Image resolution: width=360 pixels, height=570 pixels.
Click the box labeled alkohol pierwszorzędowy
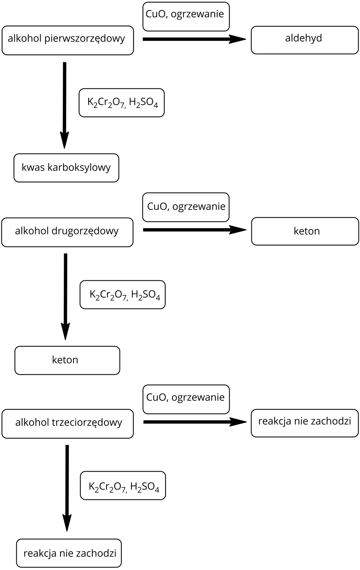[x=68, y=40]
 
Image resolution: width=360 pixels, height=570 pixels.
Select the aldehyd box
[x=304, y=40]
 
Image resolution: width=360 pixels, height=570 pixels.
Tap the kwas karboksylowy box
[x=66, y=168]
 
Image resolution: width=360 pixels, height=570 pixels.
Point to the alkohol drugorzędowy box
[x=67, y=232]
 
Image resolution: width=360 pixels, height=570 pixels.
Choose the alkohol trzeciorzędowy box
[x=68, y=424]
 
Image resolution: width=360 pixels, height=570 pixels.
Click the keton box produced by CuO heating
[x=305, y=231]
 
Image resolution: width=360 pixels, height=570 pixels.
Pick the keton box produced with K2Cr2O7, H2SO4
[x=67, y=360]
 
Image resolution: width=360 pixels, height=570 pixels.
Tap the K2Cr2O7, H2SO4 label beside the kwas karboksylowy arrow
[x=121, y=103]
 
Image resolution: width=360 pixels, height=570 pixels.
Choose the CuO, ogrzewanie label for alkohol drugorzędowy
[x=186, y=207]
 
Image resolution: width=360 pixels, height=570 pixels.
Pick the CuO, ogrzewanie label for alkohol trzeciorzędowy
[x=186, y=399]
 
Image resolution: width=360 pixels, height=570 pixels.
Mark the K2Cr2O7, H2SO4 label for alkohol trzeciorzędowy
[x=123, y=485]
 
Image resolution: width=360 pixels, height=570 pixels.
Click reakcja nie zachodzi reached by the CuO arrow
[x=304, y=423]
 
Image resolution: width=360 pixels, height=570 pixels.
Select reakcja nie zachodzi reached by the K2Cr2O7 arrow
[x=69, y=553]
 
